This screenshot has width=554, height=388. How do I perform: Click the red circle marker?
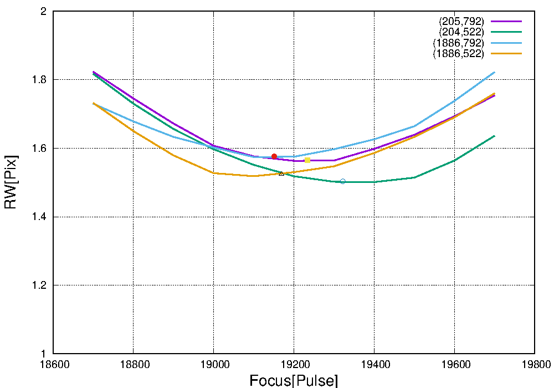[274, 156]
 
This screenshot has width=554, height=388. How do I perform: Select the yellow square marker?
[307, 160]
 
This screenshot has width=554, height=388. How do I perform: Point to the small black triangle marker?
[281, 173]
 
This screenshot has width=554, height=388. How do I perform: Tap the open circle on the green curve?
[342, 181]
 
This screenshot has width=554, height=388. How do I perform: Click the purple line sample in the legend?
[506, 22]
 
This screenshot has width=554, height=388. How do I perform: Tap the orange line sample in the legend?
[506, 54]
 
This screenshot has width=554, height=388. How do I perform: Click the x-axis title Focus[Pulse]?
[294, 381]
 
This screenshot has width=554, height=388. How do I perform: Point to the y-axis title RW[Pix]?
[11, 182]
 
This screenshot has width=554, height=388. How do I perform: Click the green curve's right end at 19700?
[494, 136]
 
